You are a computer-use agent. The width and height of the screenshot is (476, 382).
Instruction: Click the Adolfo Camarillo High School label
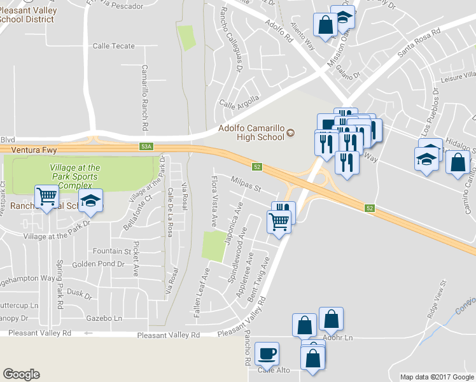pos(251,132)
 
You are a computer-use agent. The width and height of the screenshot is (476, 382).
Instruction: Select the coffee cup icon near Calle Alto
pos(267,353)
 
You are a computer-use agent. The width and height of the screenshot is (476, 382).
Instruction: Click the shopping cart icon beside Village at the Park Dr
pos(46,197)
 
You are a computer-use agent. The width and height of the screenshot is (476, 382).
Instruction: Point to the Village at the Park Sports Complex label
pos(74,176)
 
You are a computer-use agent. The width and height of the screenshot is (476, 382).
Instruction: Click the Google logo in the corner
pos(21,374)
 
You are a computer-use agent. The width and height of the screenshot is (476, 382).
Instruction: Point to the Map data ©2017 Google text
pos(436,377)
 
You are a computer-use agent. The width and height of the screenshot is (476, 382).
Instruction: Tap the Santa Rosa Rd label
pos(418,44)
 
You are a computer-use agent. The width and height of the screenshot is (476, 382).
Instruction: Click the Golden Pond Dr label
pos(98,264)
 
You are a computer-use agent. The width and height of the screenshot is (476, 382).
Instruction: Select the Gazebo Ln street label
pos(105,318)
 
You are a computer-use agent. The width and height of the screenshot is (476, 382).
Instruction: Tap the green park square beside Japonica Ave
pos(213,246)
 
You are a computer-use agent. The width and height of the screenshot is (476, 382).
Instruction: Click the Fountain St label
pos(111,251)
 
